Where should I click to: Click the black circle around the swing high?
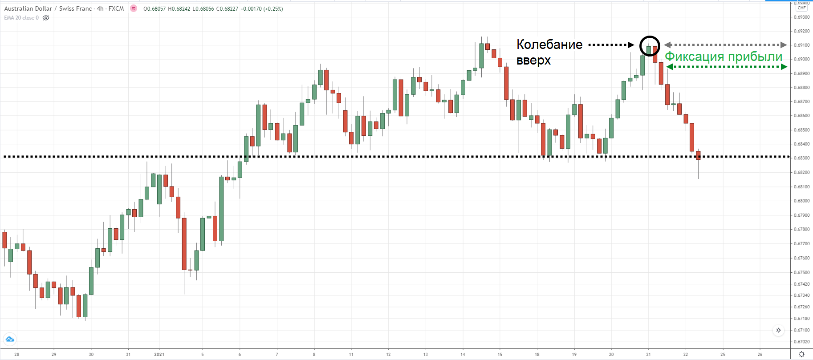pyautogui.click(x=650, y=46)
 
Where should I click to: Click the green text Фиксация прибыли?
pyautogui.click(x=724, y=57)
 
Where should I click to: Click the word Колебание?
pyautogui.click(x=549, y=44)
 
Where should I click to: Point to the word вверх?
pyautogui.click(x=533, y=60)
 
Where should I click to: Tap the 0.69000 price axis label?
pyautogui.click(x=802, y=59)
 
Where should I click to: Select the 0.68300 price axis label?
pyautogui.click(x=802, y=158)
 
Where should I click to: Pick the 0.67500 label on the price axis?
pyautogui.click(x=802, y=272)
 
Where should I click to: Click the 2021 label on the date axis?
pyautogui.click(x=159, y=355)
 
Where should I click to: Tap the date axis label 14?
pyautogui.click(x=463, y=355)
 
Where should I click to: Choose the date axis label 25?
pyautogui.click(x=723, y=355)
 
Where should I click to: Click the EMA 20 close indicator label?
pyautogui.click(x=21, y=18)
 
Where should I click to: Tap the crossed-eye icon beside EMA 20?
pyautogui.click(x=46, y=18)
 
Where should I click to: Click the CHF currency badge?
pyautogui.click(x=802, y=8)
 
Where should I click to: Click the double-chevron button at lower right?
pyautogui.click(x=778, y=330)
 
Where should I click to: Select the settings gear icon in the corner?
pyautogui.click(x=801, y=354)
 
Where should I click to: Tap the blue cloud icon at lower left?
pyautogui.click(x=10, y=340)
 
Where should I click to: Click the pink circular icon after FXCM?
pyautogui.click(x=134, y=8)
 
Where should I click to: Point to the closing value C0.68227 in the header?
pyautogui.click(x=227, y=8)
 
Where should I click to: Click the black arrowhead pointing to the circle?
pyautogui.click(x=631, y=45)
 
